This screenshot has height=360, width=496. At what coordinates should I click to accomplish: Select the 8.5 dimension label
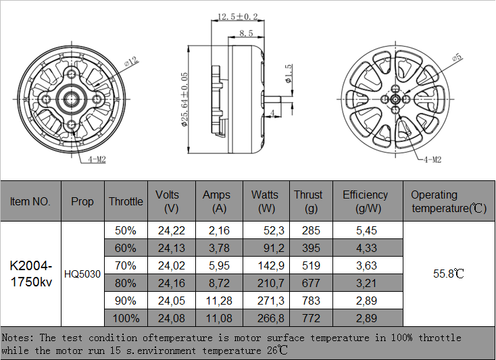tap(246, 32)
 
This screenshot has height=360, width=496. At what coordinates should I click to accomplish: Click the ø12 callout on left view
tap(131, 63)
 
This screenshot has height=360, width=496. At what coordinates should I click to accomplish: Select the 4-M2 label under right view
tap(432, 159)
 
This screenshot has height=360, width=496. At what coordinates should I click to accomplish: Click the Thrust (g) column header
tap(308, 201)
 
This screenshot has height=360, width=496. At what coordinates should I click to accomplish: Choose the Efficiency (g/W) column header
tap(365, 201)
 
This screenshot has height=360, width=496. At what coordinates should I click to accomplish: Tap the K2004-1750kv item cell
tap(31, 274)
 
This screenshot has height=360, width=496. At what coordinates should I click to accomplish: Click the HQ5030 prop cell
tap(82, 274)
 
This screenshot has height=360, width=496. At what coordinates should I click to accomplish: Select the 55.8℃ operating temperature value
tap(449, 274)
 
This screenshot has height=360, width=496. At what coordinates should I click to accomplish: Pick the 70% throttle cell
tap(126, 265)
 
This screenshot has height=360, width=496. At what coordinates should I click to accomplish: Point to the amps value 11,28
tap(219, 301)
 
